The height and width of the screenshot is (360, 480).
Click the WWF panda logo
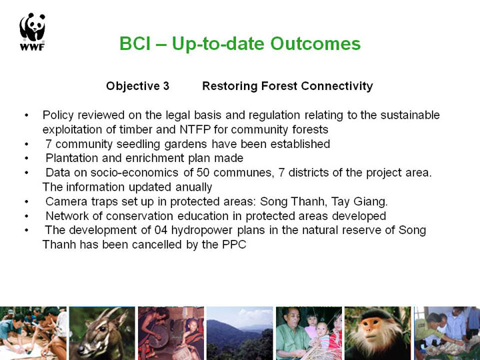pos(32,31)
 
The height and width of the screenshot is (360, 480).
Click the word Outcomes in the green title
pos(315,43)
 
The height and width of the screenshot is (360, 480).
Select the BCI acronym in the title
pos(135,43)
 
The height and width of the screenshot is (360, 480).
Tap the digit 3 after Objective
pos(166,86)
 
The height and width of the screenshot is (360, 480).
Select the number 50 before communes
pos(203,173)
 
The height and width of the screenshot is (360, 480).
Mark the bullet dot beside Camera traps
pos(27,201)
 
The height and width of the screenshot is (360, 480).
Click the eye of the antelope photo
pos(102,329)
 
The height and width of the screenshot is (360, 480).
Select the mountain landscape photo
pos(240,333)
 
